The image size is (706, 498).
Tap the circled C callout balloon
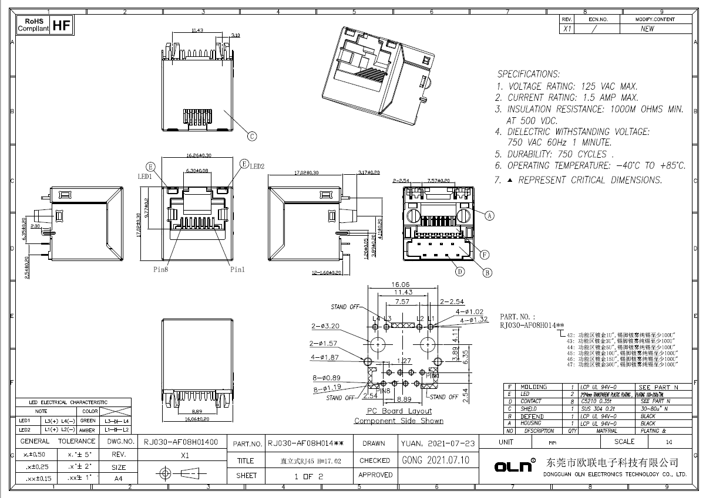[251, 137]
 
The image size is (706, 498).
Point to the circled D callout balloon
[459, 272]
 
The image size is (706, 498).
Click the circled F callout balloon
[485, 255]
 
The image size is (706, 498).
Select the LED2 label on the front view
[257, 167]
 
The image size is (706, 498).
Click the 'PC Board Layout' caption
[399, 411]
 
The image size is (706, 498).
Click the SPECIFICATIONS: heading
[529, 74]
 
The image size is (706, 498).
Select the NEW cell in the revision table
[647, 29]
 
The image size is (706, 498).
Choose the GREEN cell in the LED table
[88, 421]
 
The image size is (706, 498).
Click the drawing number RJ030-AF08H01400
[181, 442]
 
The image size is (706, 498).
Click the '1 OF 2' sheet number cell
[309, 476]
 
